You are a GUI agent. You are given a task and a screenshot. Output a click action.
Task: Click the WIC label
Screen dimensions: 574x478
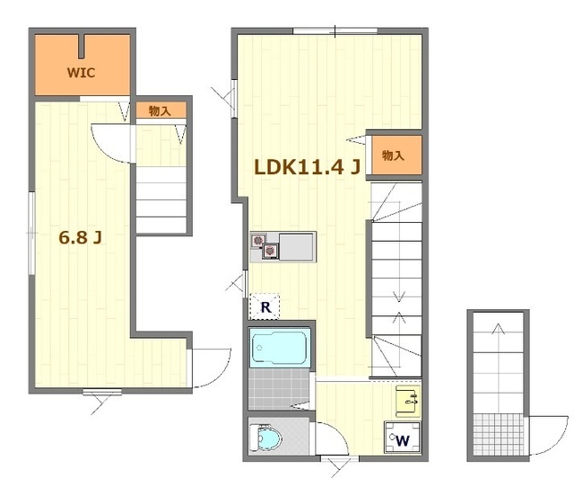[x=81, y=73]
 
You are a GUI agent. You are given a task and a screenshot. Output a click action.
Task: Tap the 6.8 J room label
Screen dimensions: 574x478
[x=80, y=238]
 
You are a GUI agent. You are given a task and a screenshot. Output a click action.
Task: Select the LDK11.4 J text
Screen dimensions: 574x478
[x=308, y=167]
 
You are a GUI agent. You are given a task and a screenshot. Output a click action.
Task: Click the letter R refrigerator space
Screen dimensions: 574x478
[x=265, y=306]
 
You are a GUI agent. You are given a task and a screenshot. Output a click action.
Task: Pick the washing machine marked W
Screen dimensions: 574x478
[x=403, y=438]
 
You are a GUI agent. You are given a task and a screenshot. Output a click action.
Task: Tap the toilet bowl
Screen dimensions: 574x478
[x=266, y=438]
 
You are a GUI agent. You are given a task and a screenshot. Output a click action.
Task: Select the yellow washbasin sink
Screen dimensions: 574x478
[x=408, y=402]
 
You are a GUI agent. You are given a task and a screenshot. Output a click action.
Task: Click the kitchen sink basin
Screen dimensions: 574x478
[x=297, y=246]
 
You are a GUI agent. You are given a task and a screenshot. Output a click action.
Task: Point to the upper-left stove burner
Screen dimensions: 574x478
[x=258, y=241]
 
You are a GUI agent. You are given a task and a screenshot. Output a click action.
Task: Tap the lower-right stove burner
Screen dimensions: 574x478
[x=270, y=251]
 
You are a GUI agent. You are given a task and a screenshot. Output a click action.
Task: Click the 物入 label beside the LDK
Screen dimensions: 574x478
[x=393, y=155]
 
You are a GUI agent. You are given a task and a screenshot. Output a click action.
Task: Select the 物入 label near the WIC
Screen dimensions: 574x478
[x=160, y=111]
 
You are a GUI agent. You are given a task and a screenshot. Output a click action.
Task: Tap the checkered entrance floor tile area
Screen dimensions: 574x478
[x=499, y=435]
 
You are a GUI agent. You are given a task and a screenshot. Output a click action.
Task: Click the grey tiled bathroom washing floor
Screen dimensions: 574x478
[x=279, y=389]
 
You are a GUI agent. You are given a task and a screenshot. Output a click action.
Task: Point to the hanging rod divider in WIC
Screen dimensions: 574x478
[x=82, y=47]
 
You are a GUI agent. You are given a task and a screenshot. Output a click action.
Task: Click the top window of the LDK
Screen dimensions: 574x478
[x=335, y=31]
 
